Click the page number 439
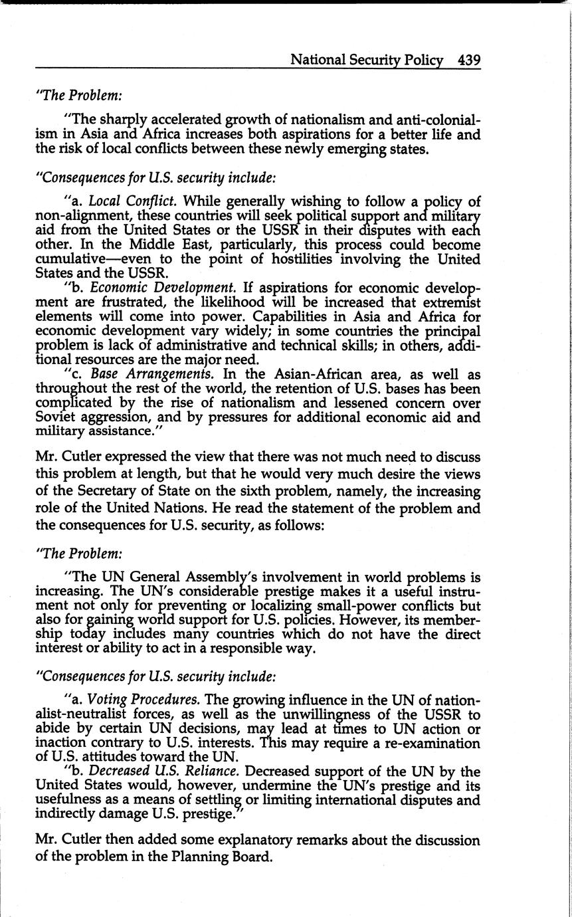coord(468,60)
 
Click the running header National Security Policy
coord(367,60)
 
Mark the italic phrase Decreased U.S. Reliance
coord(165,771)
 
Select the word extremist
coord(450,302)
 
